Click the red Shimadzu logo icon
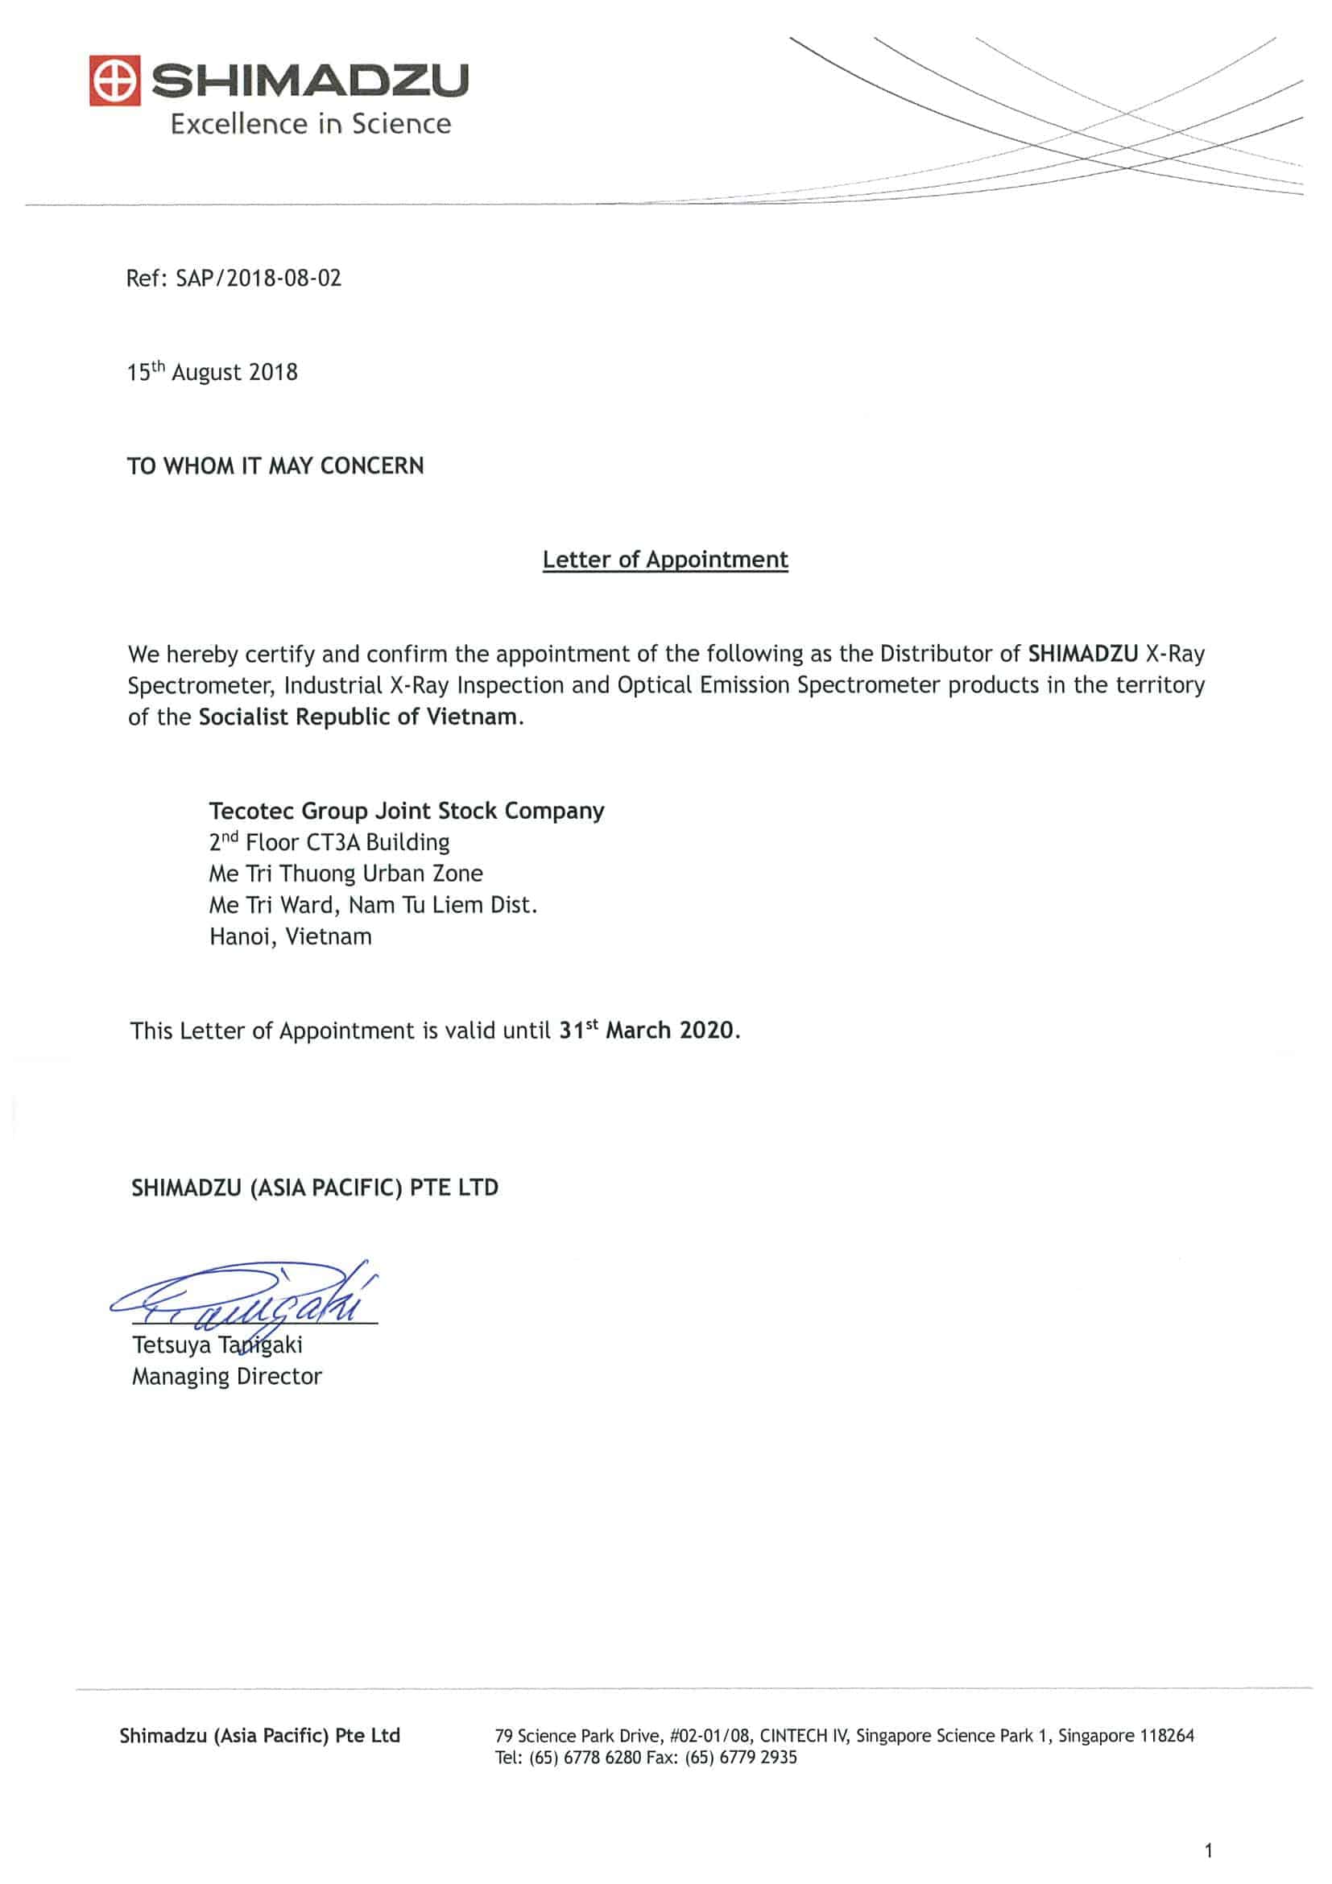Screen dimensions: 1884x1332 pyautogui.click(x=115, y=81)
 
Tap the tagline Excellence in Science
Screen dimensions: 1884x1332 pyautogui.click(x=310, y=124)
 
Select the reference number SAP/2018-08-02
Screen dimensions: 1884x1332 pyautogui.click(x=259, y=278)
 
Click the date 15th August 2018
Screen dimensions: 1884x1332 pyautogui.click(x=212, y=373)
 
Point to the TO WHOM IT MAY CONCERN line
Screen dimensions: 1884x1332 pyautogui.click(x=275, y=466)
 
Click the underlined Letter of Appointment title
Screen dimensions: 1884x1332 pyautogui.click(x=664, y=560)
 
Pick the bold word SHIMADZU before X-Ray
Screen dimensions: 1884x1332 pyautogui.click(x=1082, y=654)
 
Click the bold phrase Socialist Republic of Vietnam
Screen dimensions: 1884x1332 pyautogui.click(x=358, y=717)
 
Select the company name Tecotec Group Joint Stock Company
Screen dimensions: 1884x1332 pyautogui.click(x=406, y=811)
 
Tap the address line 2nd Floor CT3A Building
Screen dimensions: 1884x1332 pyautogui.click(x=329, y=843)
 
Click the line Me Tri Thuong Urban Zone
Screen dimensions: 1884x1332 pyautogui.click(x=345, y=874)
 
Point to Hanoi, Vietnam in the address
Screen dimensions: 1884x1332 pyautogui.click(x=291, y=936)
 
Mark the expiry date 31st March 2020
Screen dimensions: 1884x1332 pyautogui.click(x=648, y=1031)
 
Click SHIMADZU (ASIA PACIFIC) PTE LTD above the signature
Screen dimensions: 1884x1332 pyautogui.click(x=314, y=1188)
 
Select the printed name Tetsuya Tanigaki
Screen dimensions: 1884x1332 pyautogui.click(x=217, y=1345)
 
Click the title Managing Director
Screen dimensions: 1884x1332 pyautogui.click(x=226, y=1376)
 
